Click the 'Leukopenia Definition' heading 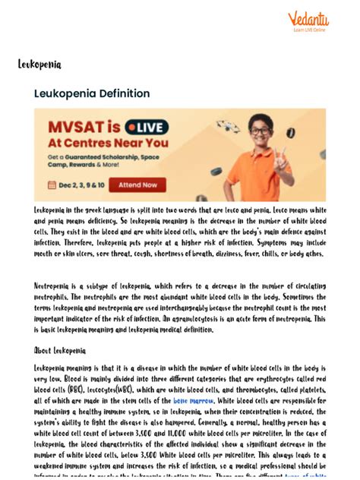tap(92, 93)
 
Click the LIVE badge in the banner tap(146, 125)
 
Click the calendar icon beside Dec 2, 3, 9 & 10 tap(52, 185)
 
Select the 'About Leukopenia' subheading tap(60, 351)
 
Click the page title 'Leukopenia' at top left tap(39, 65)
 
